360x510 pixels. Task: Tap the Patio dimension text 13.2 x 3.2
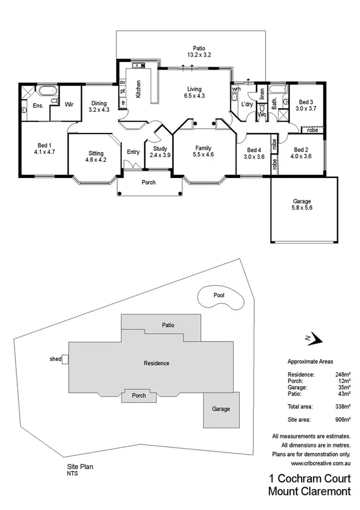(198, 55)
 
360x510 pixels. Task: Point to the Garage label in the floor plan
(302, 202)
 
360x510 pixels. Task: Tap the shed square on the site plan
(66, 360)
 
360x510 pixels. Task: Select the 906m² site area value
(342, 419)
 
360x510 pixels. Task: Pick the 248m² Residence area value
(342, 374)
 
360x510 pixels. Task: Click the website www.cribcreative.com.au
(320, 463)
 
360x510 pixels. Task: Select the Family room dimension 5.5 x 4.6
(203, 155)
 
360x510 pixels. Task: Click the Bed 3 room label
(307, 102)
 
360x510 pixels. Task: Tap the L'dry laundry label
(246, 105)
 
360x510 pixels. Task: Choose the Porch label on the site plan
(139, 396)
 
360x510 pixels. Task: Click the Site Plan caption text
(80, 465)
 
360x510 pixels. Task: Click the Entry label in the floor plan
(133, 152)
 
